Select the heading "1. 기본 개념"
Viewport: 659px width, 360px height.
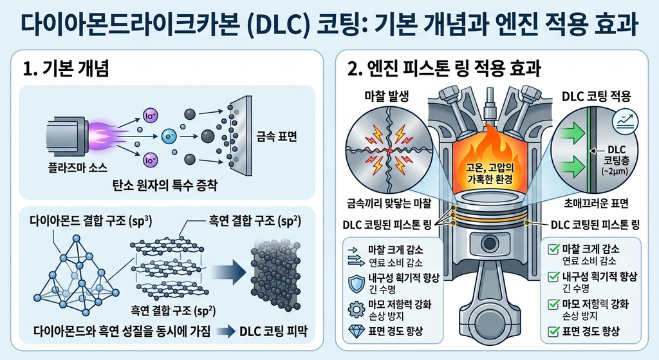66,68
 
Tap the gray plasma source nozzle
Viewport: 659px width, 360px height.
66,135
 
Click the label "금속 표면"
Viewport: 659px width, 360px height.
277,137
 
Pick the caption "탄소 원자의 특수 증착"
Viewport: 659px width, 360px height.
165,185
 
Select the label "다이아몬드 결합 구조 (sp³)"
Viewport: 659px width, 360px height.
91,221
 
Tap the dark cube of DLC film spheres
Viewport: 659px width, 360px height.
275,276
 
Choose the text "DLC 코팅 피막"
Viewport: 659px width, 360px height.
274,332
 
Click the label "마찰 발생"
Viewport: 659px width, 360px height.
387,97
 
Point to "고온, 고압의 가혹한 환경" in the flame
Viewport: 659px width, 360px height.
490,174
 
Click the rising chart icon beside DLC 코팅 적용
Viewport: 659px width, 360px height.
626,121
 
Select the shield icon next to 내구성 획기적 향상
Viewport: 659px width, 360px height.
357,283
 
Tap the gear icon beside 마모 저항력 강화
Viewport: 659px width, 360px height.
357,309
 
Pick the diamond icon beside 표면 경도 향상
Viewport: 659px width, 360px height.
357,332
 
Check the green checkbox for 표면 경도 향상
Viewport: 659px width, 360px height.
553,332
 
